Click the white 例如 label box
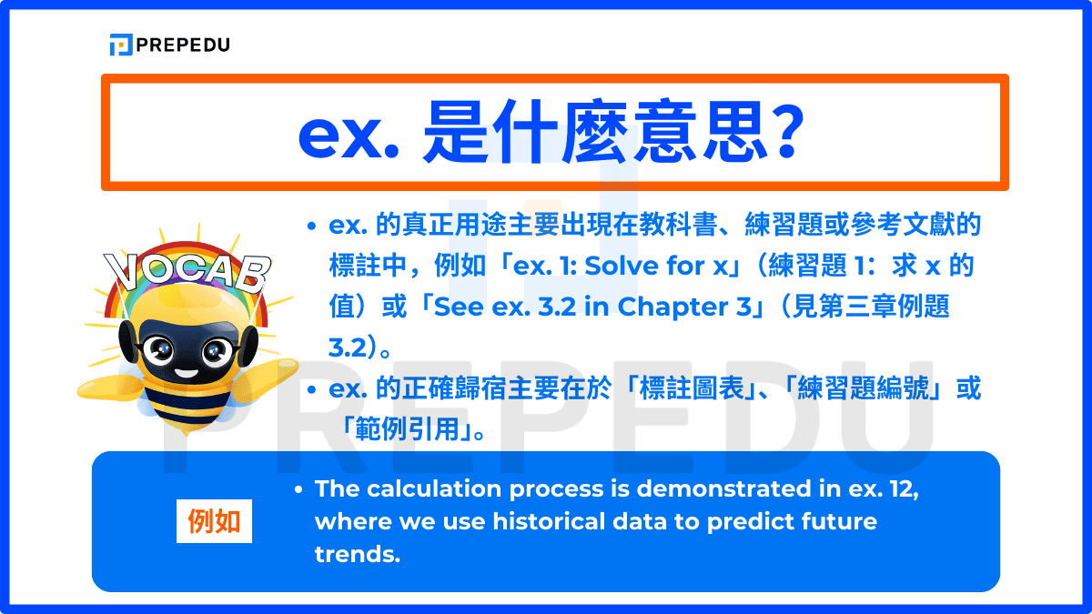click(214, 522)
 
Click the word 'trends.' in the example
click(358, 555)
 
